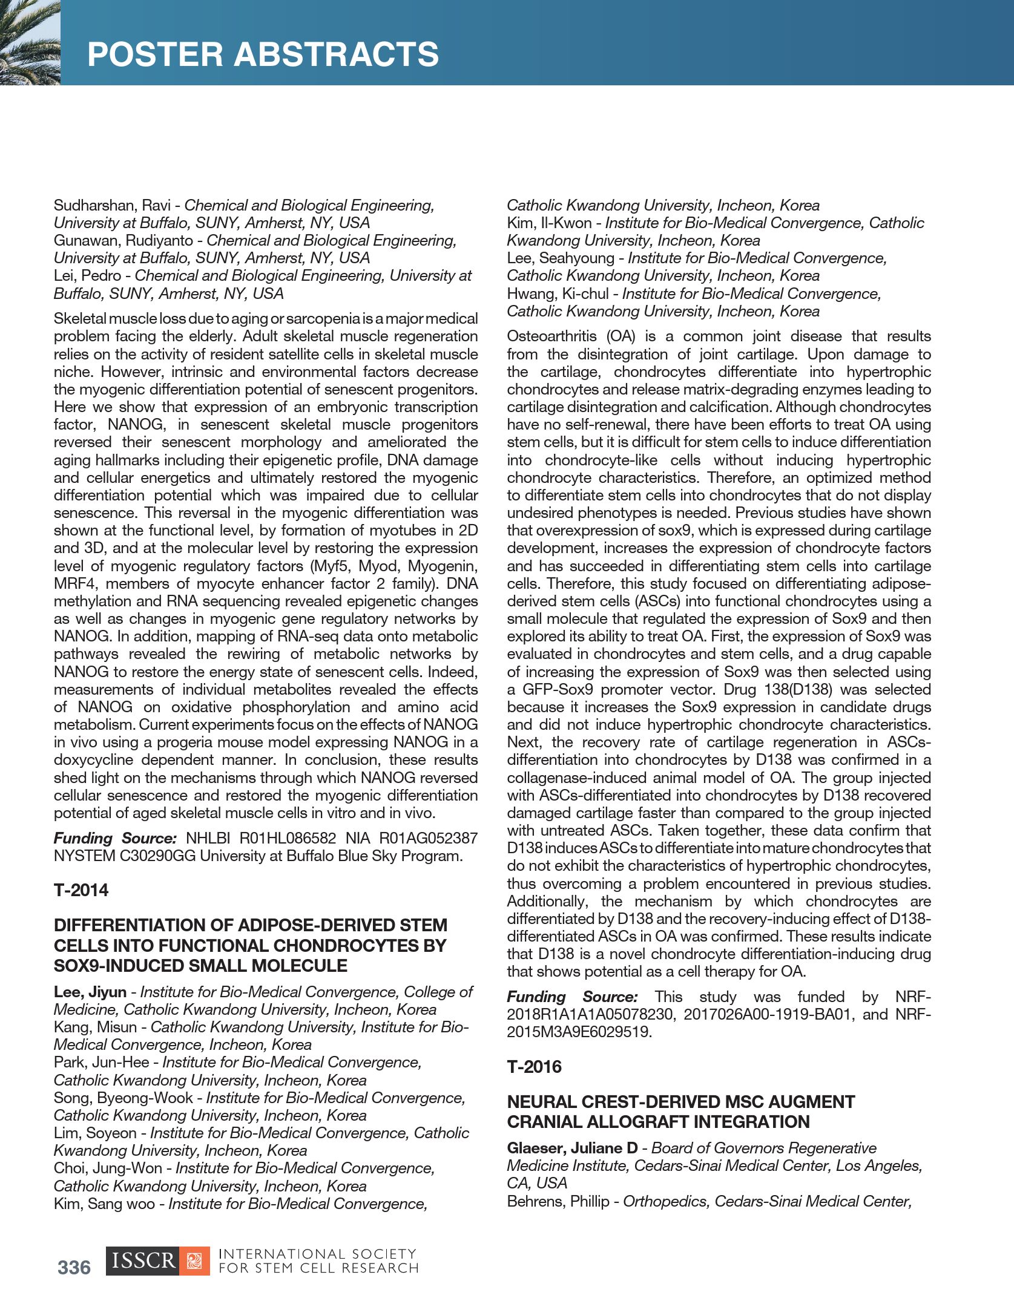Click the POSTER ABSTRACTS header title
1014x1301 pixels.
click(263, 54)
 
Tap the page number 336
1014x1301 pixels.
click(74, 1267)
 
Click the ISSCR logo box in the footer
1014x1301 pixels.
click(157, 1261)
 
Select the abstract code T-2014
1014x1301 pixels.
click(81, 890)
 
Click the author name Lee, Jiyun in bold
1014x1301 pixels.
click(90, 992)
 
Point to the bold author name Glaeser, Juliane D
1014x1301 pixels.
click(572, 1148)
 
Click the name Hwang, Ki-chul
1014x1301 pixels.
click(556, 294)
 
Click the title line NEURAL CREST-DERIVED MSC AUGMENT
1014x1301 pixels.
click(680, 1101)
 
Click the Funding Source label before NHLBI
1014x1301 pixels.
click(114, 838)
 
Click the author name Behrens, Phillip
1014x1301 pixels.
click(558, 1201)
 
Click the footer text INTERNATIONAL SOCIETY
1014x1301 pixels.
click(317, 1254)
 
